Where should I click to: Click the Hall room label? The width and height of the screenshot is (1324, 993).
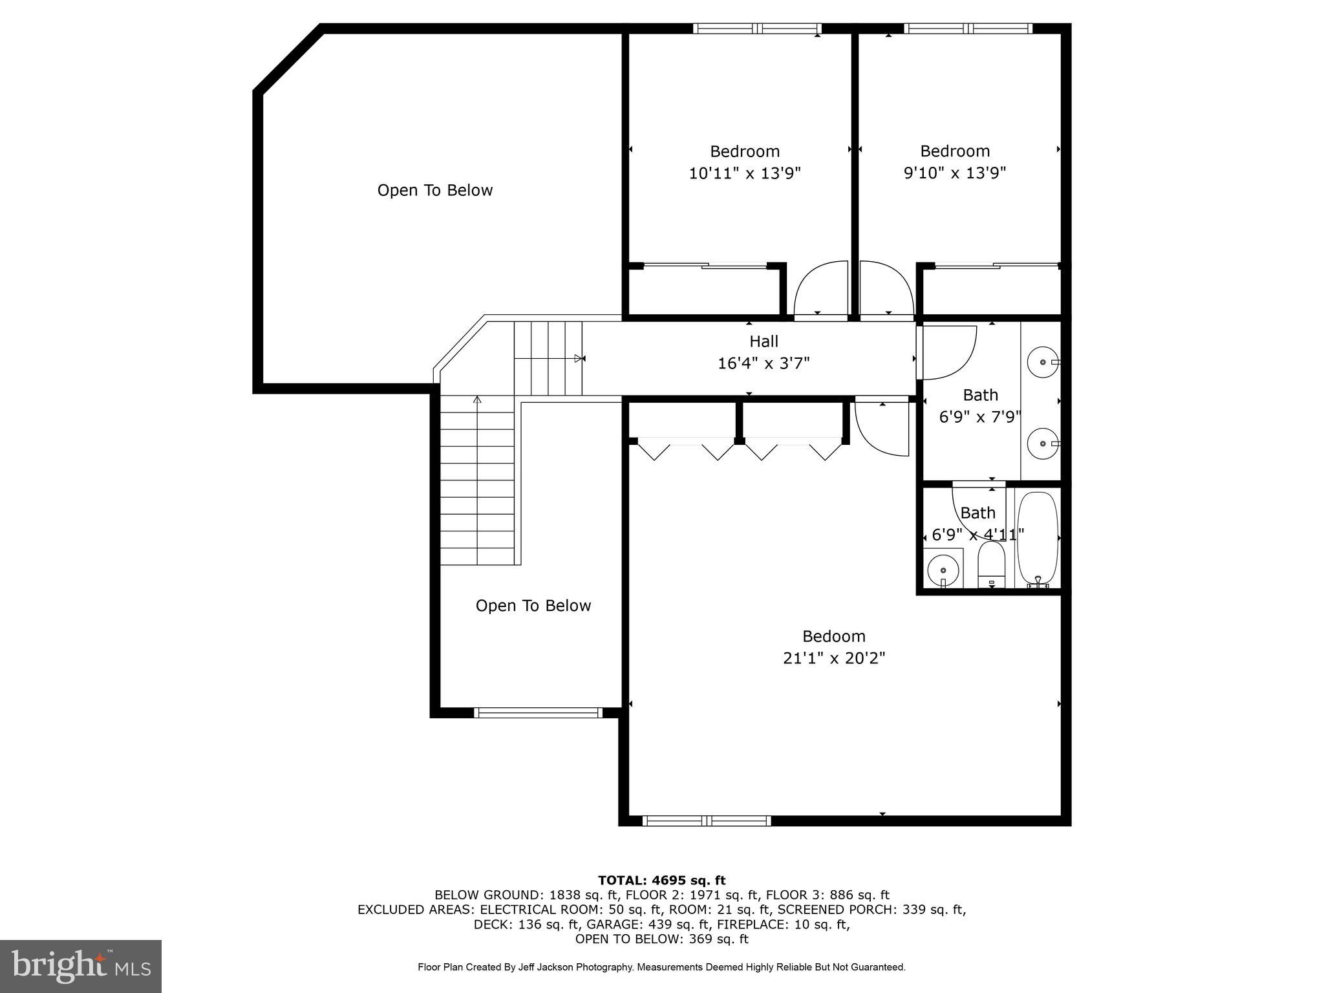[x=763, y=341]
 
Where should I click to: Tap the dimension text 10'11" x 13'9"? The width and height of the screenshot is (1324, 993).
[x=745, y=173]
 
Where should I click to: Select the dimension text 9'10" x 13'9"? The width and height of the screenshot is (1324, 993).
[x=955, y=173]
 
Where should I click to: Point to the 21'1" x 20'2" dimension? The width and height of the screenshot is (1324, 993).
[x=834, y=658]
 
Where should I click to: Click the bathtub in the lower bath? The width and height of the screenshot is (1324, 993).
[x=1038, y=539]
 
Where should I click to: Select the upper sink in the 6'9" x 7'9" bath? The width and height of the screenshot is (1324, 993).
[x=1042, y=362]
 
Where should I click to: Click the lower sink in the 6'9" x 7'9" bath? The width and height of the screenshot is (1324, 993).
[x=1042, y=443]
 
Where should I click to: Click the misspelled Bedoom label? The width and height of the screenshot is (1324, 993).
[x=834, y=636]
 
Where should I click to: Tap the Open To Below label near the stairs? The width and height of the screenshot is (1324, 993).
[x=533, y=606]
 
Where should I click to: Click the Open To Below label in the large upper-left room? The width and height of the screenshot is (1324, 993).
[x=435, y=190]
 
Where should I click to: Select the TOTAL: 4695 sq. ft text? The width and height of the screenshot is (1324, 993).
[x=661, y=881]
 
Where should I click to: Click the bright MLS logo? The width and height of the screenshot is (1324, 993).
[x=81, y=966]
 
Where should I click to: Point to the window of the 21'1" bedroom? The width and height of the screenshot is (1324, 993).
[x=707, y=821]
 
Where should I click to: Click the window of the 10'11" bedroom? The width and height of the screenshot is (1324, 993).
[x=757, y=28]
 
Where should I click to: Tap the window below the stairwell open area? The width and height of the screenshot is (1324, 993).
[x=538, y=712]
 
